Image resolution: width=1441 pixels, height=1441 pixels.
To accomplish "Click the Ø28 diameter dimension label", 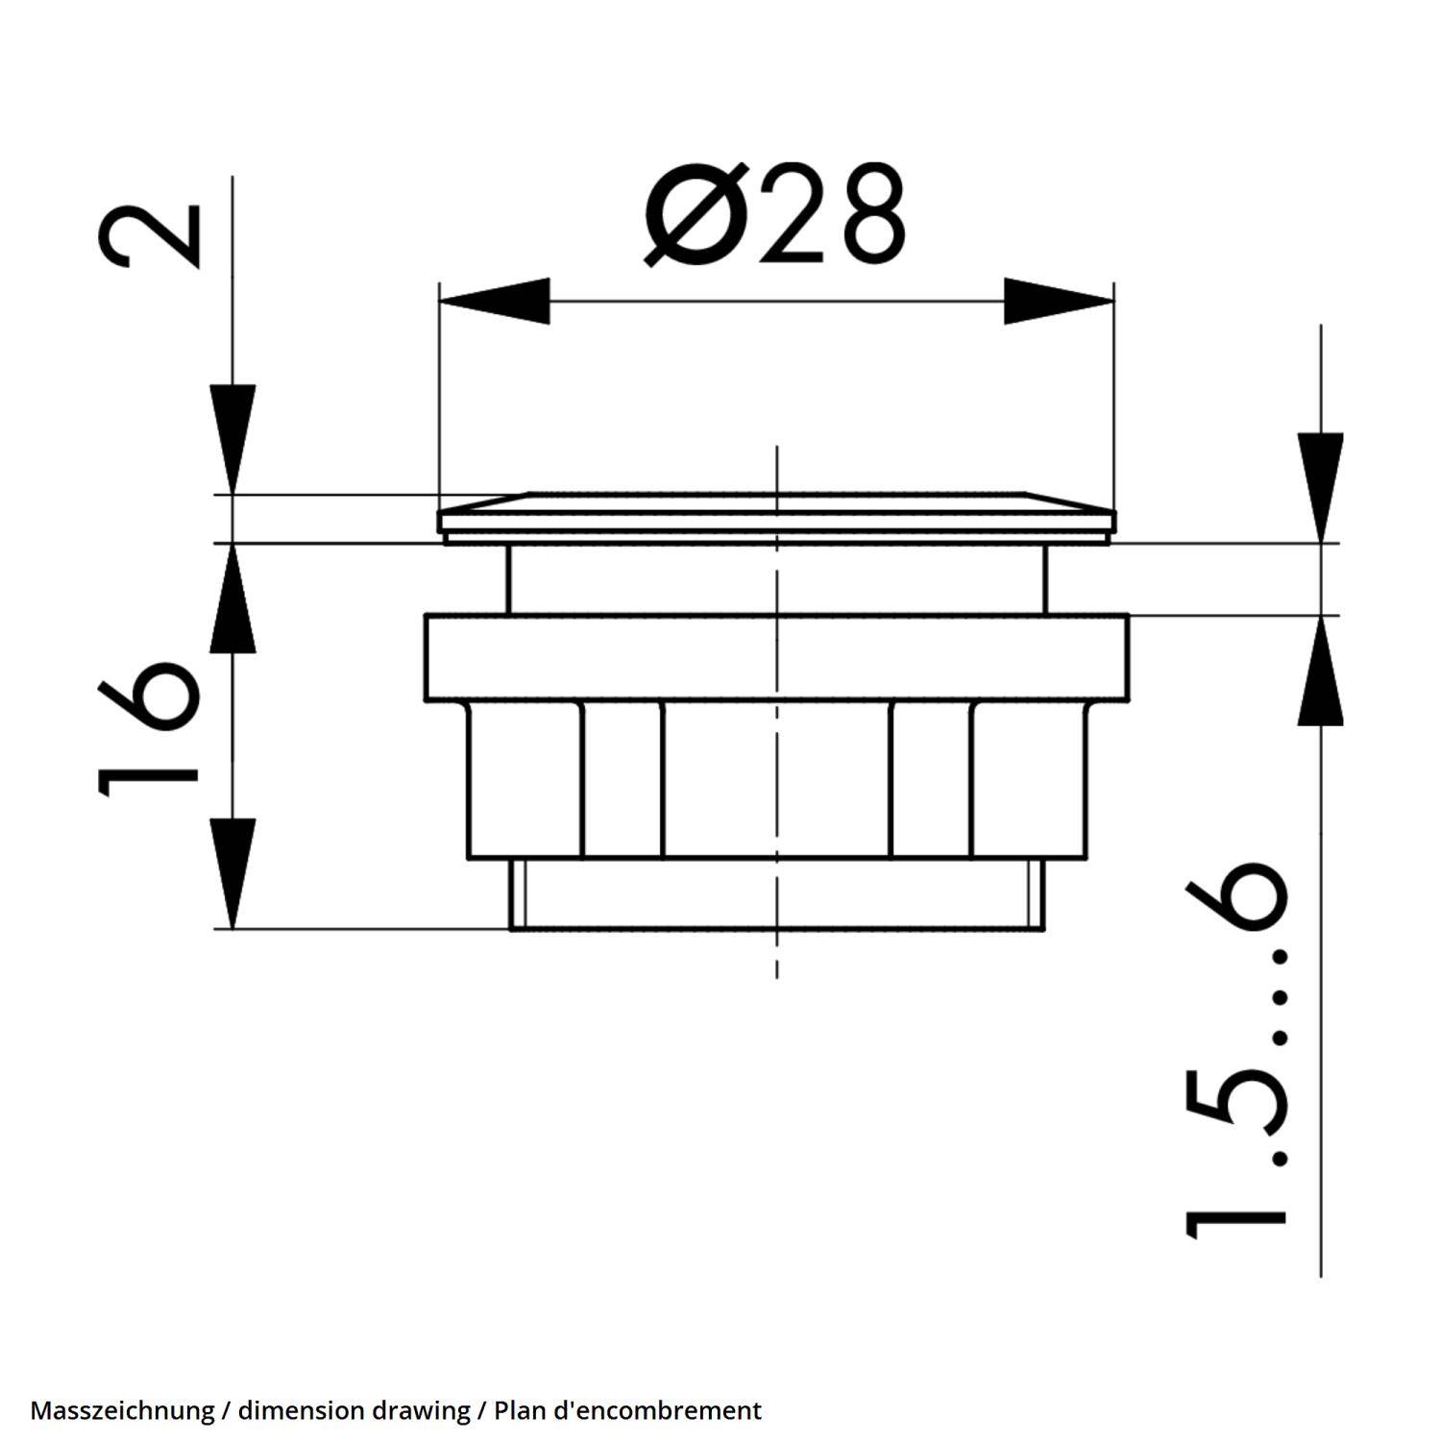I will tap(774, 214).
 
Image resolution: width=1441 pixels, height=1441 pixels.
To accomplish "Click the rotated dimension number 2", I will tap(152, 235).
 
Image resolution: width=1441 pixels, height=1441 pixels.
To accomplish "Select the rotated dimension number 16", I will tap(149, 727).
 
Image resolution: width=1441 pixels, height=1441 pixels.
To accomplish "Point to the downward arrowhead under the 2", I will tap(232, 438).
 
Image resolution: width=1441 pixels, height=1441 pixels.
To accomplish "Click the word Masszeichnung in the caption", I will tap(122, 1410).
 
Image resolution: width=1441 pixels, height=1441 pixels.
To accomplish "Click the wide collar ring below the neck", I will tap(776, 657).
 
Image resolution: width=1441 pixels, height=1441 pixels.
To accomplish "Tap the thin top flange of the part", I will tap(776, 519).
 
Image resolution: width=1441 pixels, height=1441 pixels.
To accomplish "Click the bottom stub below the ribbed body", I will tap(776, 893).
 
